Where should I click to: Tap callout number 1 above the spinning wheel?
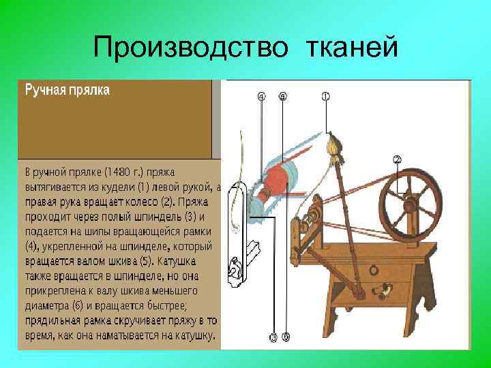(325, 97)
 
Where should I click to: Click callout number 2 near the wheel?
(397, 159)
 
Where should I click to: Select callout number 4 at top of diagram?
(261, 97)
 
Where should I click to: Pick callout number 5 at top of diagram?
(283, 97)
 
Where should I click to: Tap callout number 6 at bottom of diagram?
(285, 337)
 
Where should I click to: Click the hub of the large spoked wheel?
(409, 205)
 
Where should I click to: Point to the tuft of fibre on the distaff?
(333, 145)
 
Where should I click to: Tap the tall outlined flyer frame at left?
(236, 232)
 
